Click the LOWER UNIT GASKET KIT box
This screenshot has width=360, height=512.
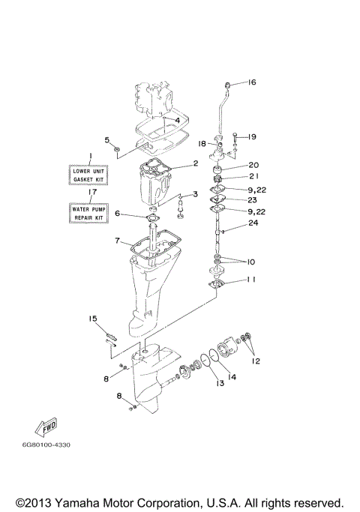pyautogui.click(x=88, y=175)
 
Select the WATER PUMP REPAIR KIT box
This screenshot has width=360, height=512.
pyautogui.click(x=88, y=213)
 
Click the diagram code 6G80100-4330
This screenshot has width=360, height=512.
pyautogui.click(x=46, y=445)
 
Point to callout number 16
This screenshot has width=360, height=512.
pyautogui.click(x=251, y=82)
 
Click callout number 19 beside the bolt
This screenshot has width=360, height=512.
pyautogui.click(x=252, y=137)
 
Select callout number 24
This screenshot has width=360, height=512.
pyautogui.click(x=253, y=223)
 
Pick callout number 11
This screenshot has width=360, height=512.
pyautogui.click(x=251, y=279)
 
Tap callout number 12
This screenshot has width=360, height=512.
pyautogui.click(x=256, y=361)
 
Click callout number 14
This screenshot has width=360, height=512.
pyautogui.click(x=232, y=377)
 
